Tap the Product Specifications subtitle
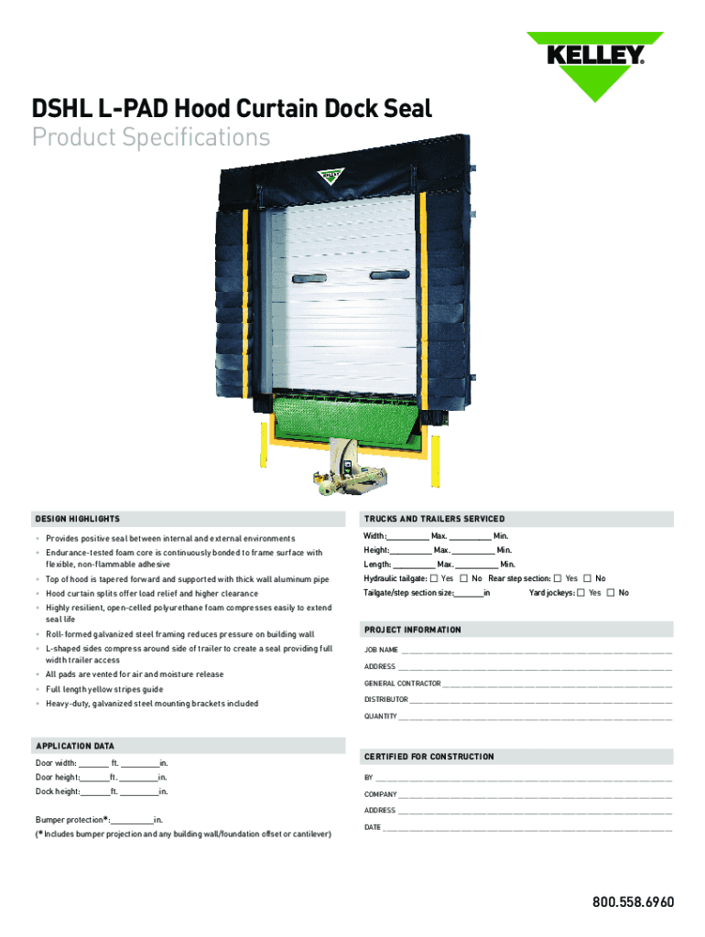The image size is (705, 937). pos(152,137)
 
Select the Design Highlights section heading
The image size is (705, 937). pos(78,519)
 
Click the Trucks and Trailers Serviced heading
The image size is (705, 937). pos(434,519)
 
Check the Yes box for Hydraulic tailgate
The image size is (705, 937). pos(434,578)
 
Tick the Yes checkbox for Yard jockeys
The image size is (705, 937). pos(581,593)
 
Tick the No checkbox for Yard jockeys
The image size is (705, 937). pos(612,593)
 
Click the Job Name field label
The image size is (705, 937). pos(381,650)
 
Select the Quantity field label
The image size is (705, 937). pos(381,716)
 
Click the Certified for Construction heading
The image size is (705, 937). pos(428,757)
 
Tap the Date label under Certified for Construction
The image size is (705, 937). pos(373,827)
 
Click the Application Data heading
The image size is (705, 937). pos(75,747)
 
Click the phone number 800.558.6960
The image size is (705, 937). pos(633,902)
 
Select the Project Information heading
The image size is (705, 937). pos(413,630)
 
